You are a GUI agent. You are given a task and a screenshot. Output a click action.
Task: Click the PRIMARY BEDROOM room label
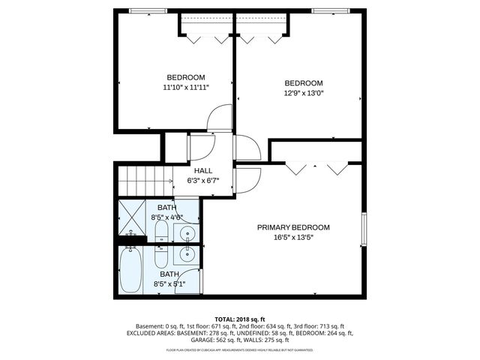(x=293, y=227)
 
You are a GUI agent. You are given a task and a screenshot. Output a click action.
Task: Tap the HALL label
(x=203, y=170)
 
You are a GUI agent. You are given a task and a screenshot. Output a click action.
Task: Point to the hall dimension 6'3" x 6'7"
(x=203, y=180)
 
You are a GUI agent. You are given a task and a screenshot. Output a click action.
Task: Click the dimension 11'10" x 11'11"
(x=185, y=87)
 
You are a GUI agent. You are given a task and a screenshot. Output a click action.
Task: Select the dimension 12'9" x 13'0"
(x=303, y=93)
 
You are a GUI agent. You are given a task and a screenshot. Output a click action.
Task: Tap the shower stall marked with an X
(x=132, y=217)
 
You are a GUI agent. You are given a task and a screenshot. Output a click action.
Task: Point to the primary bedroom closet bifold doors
(x=317, y=166)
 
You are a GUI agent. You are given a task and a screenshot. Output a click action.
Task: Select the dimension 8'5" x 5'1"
(x=169, y=284)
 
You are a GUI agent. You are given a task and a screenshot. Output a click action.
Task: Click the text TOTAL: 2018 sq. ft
(x=240, y=319)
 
